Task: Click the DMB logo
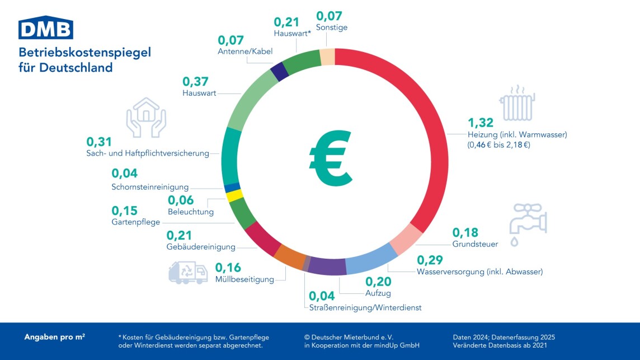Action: tap(46, 27)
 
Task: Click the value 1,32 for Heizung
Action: tap(479, 123)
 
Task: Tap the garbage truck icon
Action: tap(188, 272)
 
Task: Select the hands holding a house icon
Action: tap(145, 116)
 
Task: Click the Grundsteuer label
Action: tap(475, 244)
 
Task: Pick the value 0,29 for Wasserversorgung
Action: tap(430, 260)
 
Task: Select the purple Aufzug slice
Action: tap(327, 266)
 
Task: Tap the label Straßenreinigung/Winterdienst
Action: tap(365, 308)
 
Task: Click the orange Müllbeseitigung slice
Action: tap(290, 256)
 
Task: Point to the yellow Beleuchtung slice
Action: tap(234, 195)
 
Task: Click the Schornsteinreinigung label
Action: tap(150, 187)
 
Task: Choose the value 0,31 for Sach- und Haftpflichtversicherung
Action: tap(99, 141)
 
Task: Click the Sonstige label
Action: tap(332, 27)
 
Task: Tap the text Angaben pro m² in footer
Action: tap(55, 338)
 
